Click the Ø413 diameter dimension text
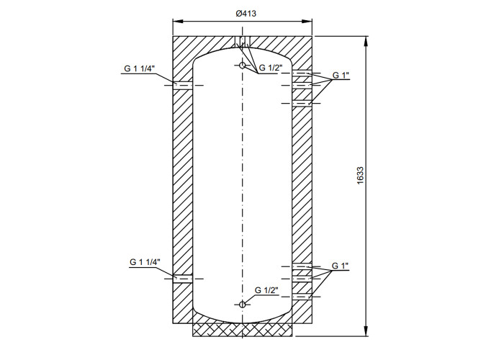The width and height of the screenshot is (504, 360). click(x=246, y=14)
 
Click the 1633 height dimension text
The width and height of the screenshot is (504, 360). click(x=360, y=175)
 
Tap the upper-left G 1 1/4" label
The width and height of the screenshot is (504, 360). click(x=140, y=69)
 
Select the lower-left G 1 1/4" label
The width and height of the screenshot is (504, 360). click(x=145, y=262)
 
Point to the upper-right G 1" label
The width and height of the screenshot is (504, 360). click(x=341, y=75)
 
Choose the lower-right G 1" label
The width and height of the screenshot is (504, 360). click(x=340, y=266)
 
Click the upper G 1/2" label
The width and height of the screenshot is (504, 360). click(x=271, y=68)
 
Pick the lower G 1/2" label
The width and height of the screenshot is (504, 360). click(x=266, y=290)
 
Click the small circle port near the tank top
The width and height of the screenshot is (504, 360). click(x=243, y=66)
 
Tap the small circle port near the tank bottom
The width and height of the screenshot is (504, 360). click(x=243, y=304)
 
